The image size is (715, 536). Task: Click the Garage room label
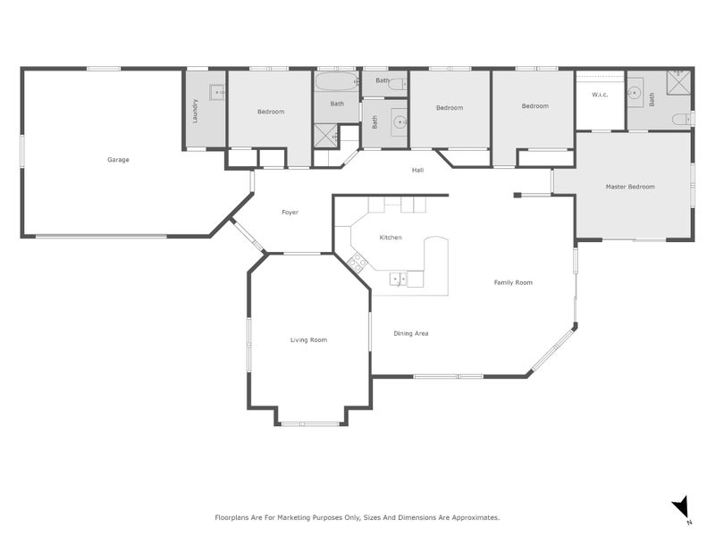click(x=118, y=160)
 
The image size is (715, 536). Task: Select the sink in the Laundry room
click(x=214, y=91)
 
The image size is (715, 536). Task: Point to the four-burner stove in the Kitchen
click(x=357, y=262)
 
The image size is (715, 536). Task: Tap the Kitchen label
click(x=391, y=238)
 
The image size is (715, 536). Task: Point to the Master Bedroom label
click(x=630, y=187)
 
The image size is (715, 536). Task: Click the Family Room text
click(x=513, y=282)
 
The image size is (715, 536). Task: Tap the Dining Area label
click(x=411, y=333)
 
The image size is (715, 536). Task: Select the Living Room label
click(x=308, y=339)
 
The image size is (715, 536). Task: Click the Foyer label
click(x=290, y=213)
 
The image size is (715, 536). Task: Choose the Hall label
click(x=417, y=170)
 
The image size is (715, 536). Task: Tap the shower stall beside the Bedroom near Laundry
click(x=324, y=137)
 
